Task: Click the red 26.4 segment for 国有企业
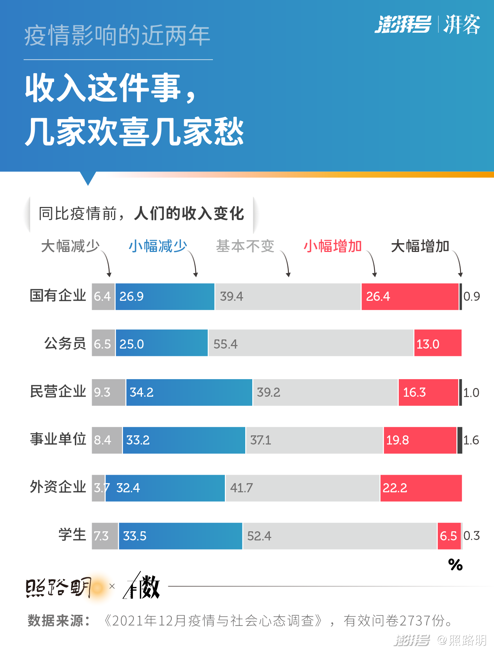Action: click(410, 297)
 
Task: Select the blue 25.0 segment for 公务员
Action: click(162, 343)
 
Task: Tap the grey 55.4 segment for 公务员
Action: click(311, 343)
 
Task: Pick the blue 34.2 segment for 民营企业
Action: click(189, 392)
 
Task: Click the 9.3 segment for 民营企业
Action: click(108, 392)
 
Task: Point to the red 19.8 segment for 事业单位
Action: click(420, 440)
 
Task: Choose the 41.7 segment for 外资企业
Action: click(302, 488)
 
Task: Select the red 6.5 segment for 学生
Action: click(449, 536)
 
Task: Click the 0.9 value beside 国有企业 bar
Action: click(472, 297)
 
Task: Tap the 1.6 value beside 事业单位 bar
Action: click(471, 440)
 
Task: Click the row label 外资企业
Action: click(58, 487)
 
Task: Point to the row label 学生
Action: click(72, 535)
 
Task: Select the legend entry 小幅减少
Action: click(157, 246)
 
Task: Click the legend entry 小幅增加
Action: click(332, 246)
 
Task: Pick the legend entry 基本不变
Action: click(245, 246)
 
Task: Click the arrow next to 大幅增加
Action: click(458, 264)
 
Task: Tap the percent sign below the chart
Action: click(455, 565)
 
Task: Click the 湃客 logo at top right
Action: click(462, 25)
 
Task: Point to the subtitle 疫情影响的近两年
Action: click(117, 35)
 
